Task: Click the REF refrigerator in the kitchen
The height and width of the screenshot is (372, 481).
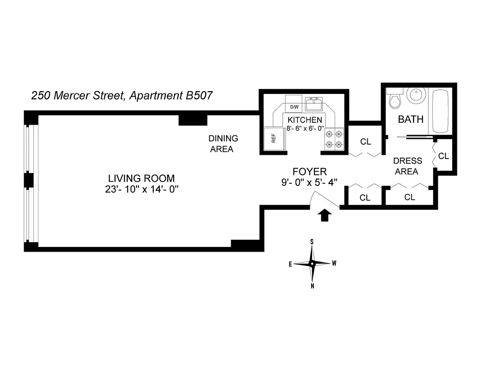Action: [x=271, y=139]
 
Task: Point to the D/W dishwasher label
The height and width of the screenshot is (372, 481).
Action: [x=294, y=107]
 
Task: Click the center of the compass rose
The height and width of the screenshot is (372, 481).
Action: [x=312, y=263]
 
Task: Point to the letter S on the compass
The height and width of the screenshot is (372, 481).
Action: [x=312, y=242]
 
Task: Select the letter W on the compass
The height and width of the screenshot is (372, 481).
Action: [x=334, y=263]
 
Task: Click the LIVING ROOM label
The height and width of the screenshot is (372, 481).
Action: [x=141, y=178]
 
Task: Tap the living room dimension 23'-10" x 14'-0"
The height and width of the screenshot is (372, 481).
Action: [x=142, y=189]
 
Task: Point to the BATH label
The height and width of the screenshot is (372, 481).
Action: [x=410, y=120]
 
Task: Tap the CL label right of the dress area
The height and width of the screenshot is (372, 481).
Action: [x=443, y=156]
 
